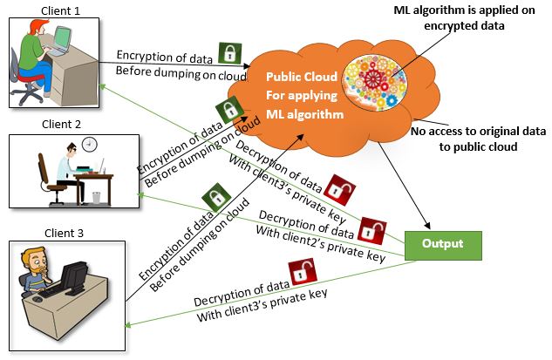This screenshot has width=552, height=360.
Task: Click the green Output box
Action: point(443,246)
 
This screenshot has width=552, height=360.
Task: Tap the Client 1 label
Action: point(60,11)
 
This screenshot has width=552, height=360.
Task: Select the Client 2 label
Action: point(61,125)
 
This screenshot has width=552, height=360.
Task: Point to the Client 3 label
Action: point(64,233)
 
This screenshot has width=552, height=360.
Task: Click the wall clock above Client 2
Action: point(90,145)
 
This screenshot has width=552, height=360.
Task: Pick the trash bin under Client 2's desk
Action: point(96,197)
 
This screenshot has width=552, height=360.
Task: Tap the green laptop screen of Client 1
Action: point(63,37)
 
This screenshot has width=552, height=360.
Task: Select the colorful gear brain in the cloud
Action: point(375,82)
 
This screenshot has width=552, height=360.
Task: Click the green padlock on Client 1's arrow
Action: point(230,53)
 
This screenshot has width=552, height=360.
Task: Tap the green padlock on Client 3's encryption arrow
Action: point(216,197)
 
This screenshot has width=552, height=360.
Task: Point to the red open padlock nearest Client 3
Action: point(303,272)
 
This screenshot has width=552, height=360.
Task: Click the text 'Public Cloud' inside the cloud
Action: point(302,77)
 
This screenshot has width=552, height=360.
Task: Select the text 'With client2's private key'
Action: point(321,244)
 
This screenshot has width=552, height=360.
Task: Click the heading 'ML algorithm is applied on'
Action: point(464,10)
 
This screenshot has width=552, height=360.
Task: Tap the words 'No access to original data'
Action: point(478,132)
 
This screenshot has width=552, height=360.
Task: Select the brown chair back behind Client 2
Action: point(44,168)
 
